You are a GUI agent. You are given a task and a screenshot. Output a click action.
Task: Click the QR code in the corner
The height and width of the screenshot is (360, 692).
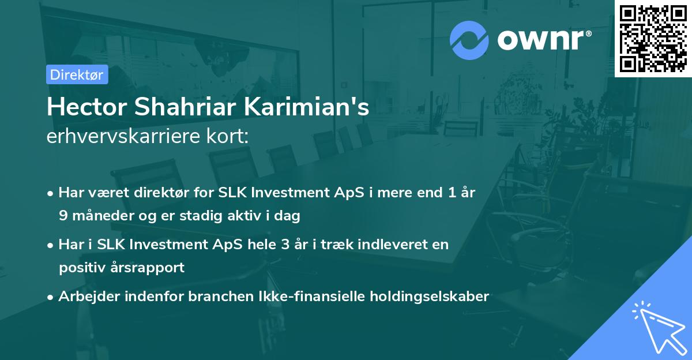(653, 38)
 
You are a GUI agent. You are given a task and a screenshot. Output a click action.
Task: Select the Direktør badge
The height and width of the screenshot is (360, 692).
(77, 74)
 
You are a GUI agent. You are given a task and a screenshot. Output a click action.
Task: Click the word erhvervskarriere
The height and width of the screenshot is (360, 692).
(118, 137)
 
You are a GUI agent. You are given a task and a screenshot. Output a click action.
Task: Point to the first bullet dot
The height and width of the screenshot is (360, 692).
(51, 193)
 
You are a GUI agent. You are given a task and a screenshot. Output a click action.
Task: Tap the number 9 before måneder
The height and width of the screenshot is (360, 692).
(62, 216)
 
